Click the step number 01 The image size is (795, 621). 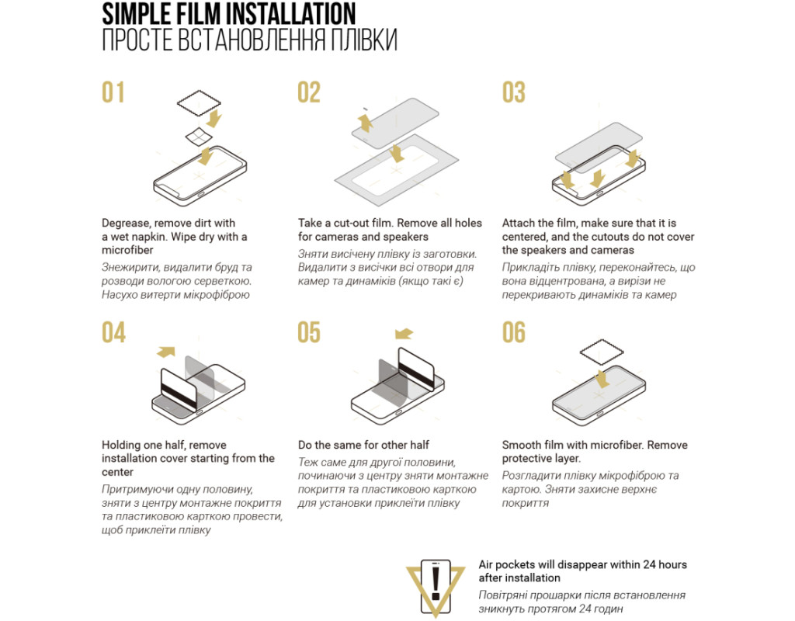tap(113, 92)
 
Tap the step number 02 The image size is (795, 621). tap(309, 92)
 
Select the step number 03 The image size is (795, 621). tap(514, 92)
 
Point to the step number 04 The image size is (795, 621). tap(113, 332)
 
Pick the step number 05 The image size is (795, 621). tap(309, 332)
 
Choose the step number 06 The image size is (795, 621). tap(514, 332)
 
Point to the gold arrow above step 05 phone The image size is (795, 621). tap(404, 334)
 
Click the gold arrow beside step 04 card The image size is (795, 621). tap(166, 352)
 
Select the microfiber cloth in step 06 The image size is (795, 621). tap(602, 352)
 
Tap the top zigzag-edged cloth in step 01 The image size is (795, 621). tap(199, 103)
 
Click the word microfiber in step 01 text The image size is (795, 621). tap(127, 250)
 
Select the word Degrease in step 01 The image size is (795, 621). tap(125, 223)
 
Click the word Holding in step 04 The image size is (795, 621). tap(120, 445)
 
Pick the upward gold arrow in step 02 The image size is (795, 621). tap(365, 123)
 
